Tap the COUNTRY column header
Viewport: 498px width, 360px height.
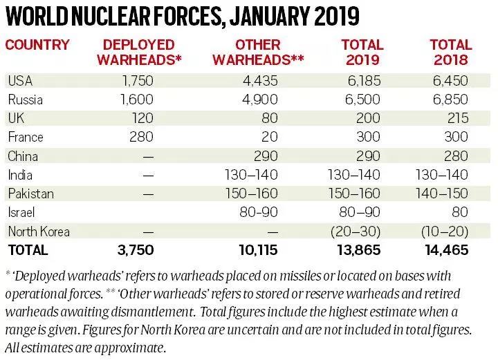38,46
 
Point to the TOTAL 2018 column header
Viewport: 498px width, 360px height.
450,53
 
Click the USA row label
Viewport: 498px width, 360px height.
20,82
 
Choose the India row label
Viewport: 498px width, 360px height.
20,175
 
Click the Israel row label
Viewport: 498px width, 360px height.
21,212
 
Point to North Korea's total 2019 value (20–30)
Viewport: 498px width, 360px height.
360,231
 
